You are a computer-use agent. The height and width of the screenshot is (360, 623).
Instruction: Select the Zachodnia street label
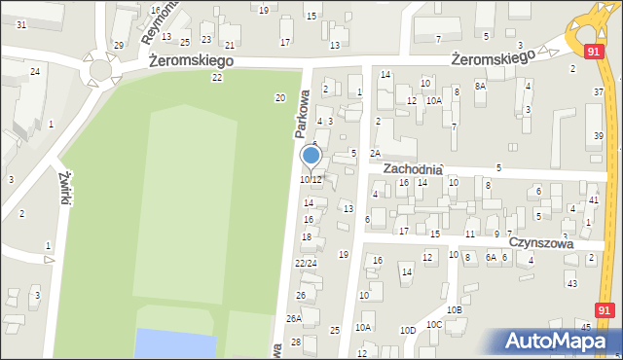coord(413,168)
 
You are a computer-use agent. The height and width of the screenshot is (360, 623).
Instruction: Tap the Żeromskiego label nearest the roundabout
coord(192,60)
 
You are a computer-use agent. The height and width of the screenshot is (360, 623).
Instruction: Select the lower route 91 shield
coord(605,309)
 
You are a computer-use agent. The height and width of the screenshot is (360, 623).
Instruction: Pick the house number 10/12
coord(310,180)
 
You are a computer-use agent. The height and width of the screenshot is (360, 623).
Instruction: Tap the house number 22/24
coord(306,263)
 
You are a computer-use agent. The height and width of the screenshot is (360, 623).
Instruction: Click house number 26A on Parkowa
coord(293,318)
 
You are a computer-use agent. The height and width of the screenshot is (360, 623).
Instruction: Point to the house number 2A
coord(375,154)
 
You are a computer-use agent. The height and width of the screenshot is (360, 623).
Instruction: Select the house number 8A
coord(480,86)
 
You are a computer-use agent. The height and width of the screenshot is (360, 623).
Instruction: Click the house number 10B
coord(454,309)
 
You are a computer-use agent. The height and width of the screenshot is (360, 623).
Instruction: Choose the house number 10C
coord(434,324)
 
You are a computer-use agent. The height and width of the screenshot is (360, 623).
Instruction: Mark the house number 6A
coord(492,257)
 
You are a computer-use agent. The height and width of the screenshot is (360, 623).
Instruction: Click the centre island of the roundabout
coord(99,70)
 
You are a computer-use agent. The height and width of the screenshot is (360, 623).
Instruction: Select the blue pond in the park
coord(175,342)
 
